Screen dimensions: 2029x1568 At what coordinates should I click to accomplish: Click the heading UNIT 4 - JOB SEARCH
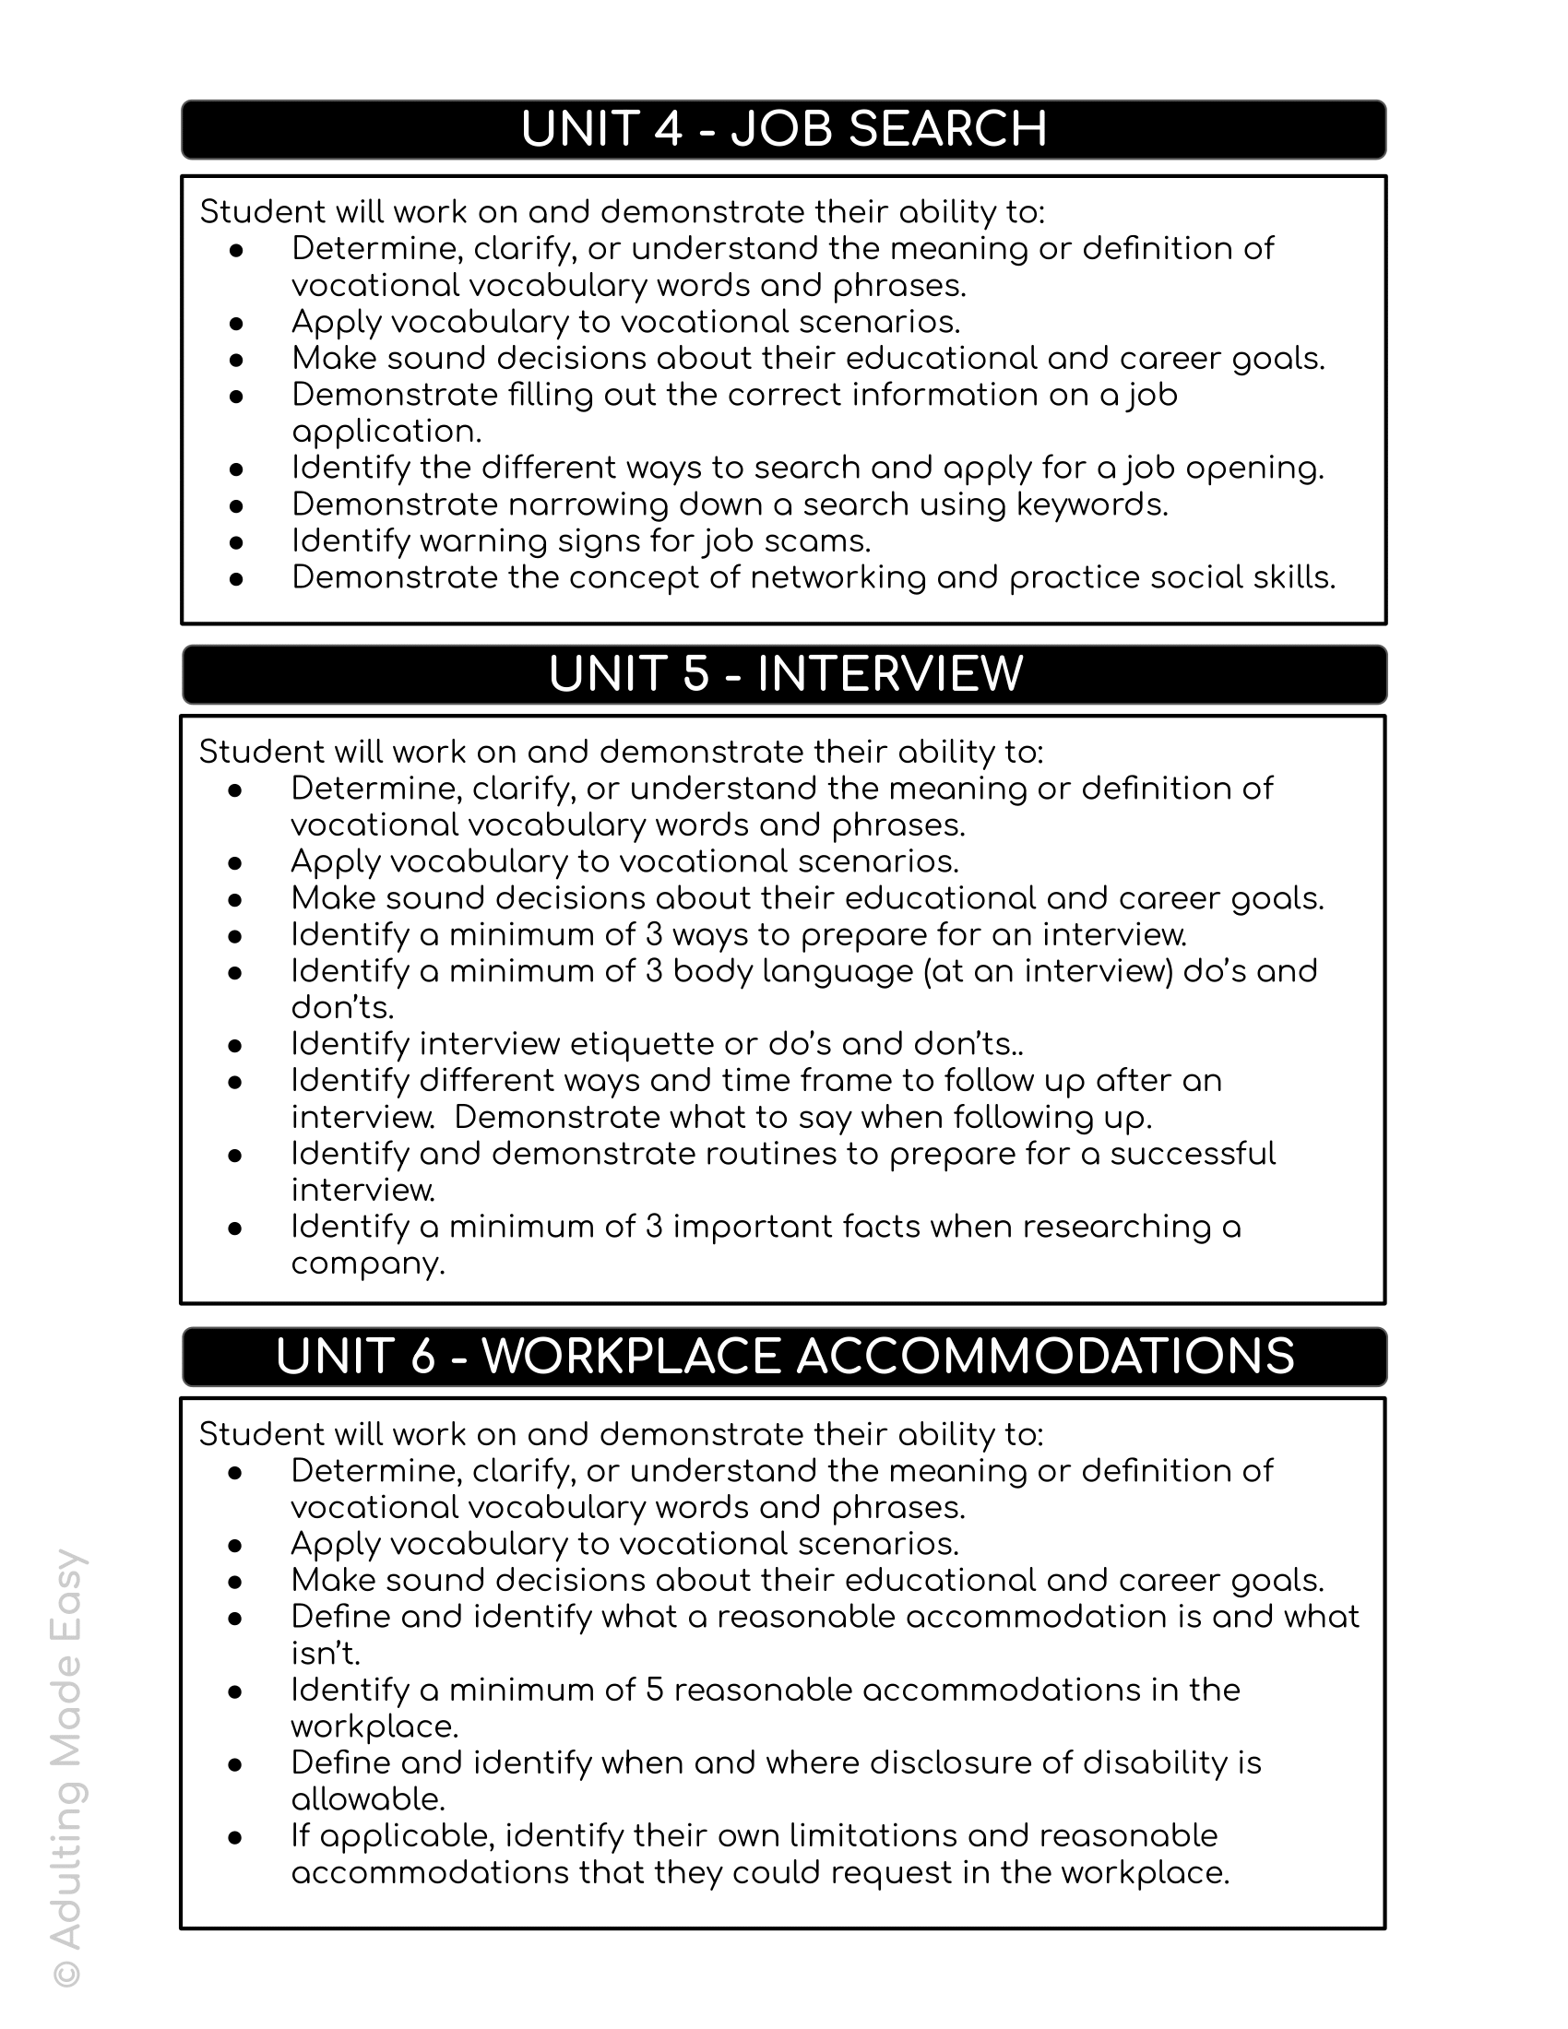point(783,129)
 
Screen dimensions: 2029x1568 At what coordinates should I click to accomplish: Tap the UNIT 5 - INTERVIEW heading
point(785,674)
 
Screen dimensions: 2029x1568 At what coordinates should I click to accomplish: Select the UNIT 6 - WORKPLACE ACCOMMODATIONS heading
point(785,1357)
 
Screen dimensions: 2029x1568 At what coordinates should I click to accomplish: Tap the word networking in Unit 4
point(837,578)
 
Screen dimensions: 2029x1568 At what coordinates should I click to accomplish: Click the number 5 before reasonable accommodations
point(654,1690)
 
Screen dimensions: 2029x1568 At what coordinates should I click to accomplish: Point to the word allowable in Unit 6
point(368,1799)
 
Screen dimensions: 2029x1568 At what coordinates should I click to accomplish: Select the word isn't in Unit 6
point(324,1654)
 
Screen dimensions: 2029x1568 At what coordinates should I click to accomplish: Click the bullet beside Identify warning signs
point(236,541)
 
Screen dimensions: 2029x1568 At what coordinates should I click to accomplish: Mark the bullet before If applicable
point(235,1836)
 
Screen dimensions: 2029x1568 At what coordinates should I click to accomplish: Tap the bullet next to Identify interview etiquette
point(235,1045)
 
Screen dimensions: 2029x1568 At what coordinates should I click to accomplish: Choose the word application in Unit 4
point(385,432)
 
